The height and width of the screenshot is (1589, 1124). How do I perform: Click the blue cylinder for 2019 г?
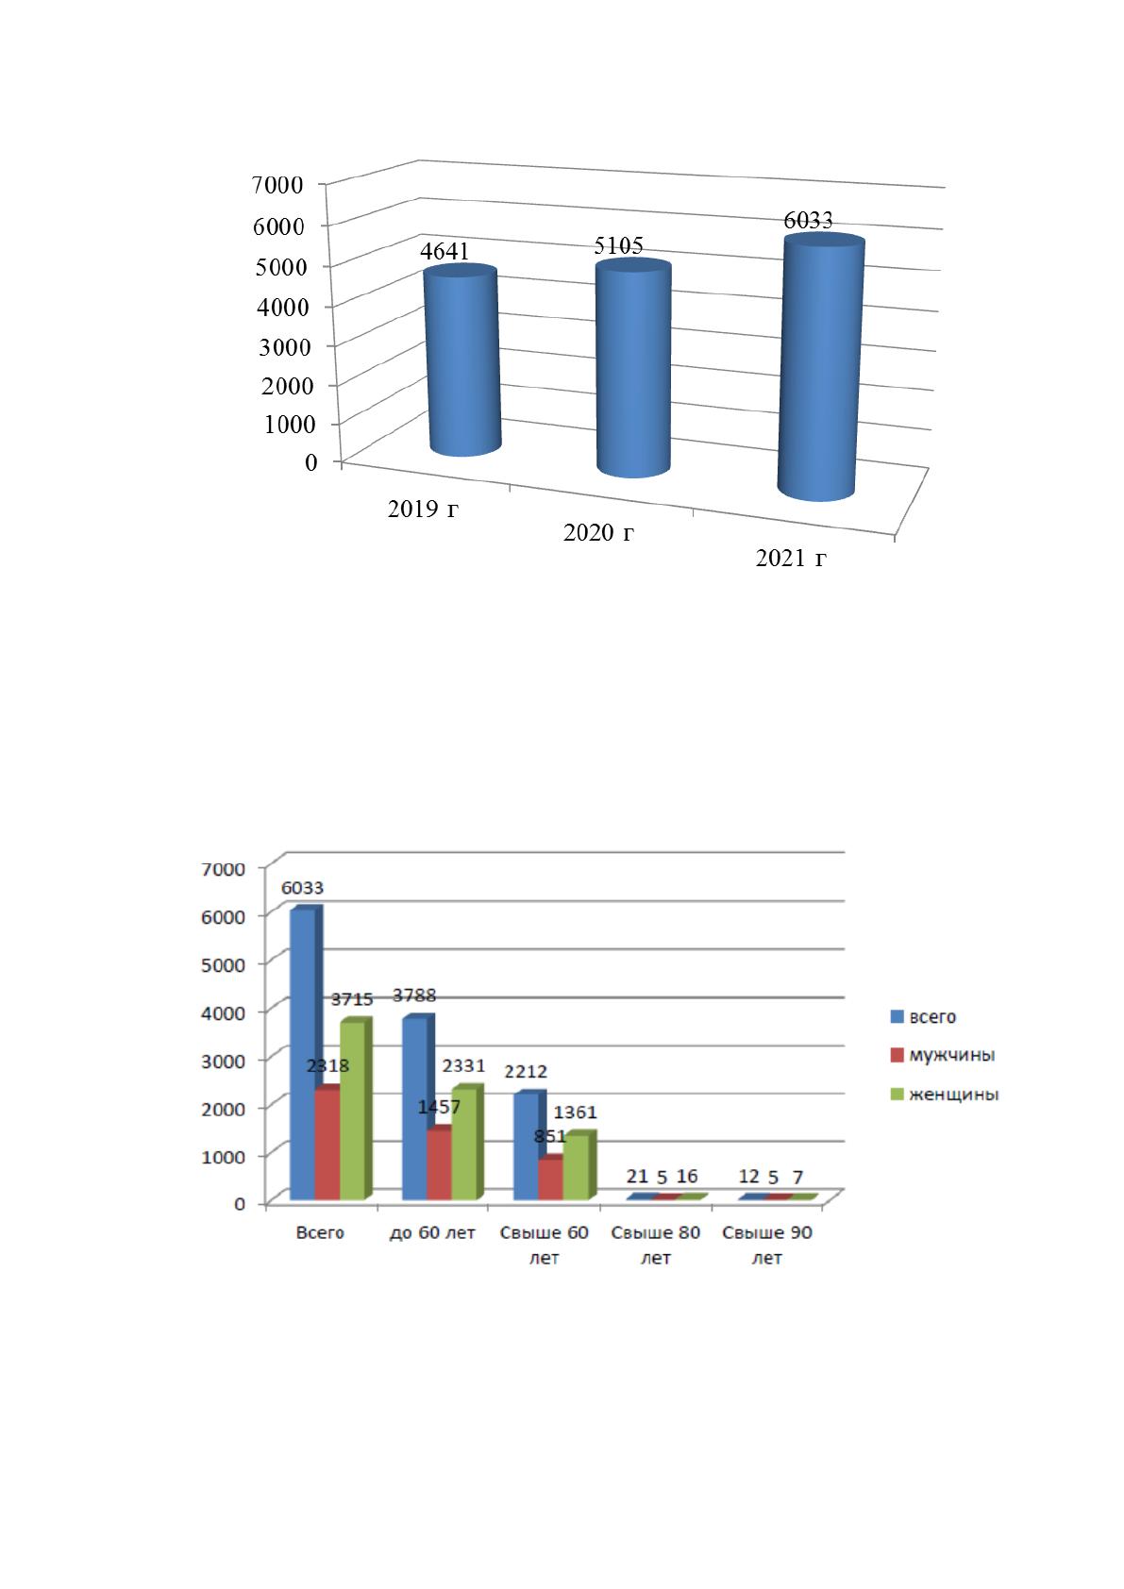click(x=462, y=360)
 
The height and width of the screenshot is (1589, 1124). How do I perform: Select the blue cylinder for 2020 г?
click(x=633, y=367)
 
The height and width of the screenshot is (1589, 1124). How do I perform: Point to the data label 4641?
click(x=445, y=251)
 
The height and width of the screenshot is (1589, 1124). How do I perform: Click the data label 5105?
click(x=619, y=245)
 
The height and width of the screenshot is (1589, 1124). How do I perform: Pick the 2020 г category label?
click(x=598, y=532)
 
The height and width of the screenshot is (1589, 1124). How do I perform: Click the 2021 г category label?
click(x=791, y=559)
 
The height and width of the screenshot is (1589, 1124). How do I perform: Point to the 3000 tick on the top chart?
click(x=285, y=347)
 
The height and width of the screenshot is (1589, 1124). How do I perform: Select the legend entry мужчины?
click(x=951, y=1055)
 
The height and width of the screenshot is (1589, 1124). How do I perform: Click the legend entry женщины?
click(x=954, y=1094)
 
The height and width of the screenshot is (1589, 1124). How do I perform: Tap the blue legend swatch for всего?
click(x=897, y=1016)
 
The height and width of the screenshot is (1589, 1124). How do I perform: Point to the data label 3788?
click(x=414, y=995)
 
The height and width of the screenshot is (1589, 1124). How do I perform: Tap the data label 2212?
click(x=526, y=1071)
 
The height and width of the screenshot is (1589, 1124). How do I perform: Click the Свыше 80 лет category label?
click(x=656, y=1245)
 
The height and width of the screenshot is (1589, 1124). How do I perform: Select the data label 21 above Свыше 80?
click(x=636, y=1176)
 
